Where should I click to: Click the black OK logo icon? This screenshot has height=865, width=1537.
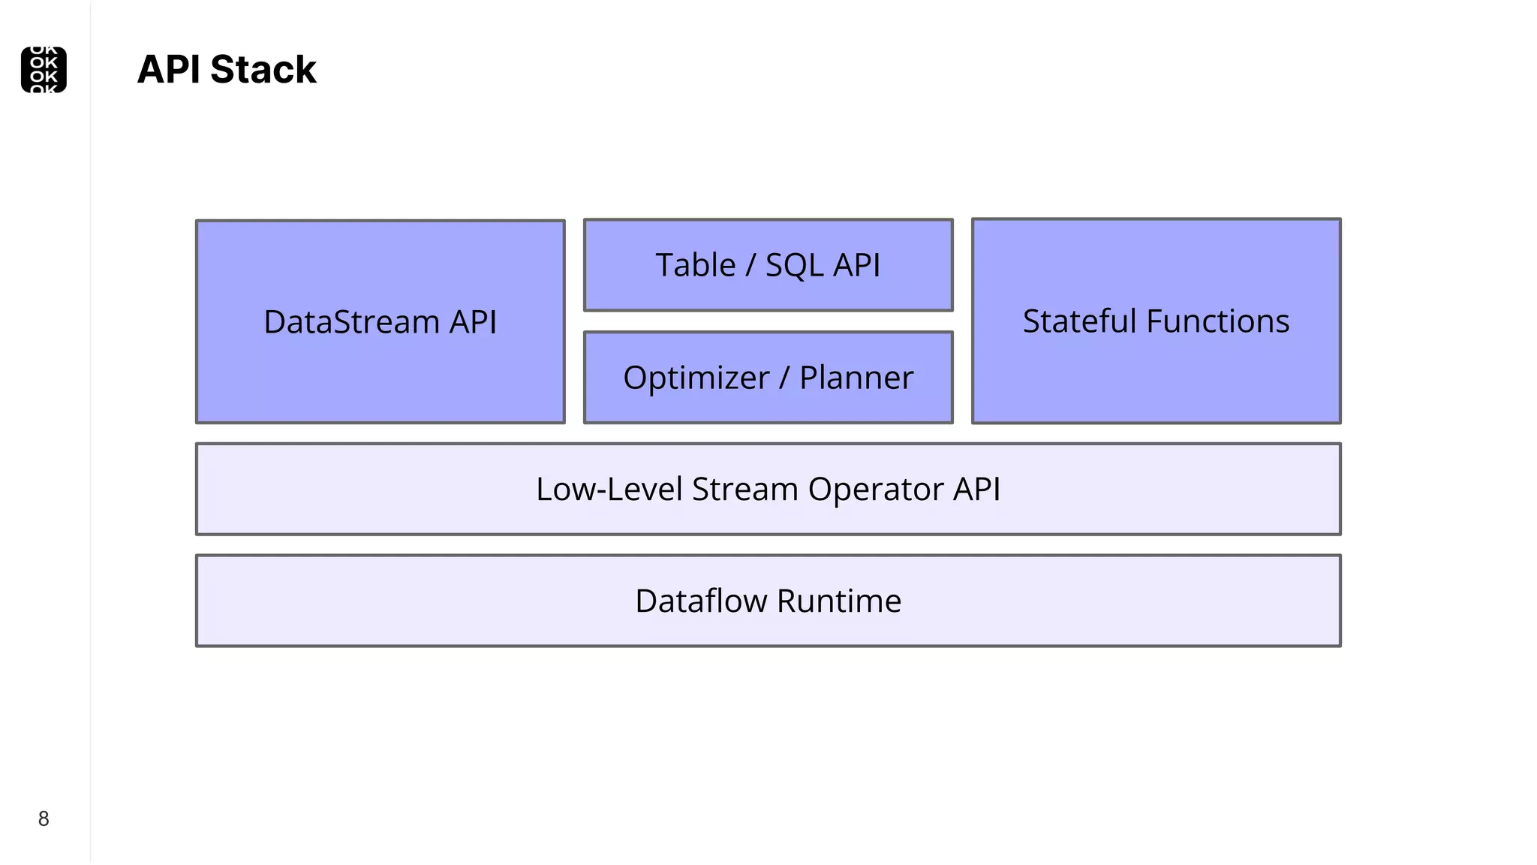[44, 70]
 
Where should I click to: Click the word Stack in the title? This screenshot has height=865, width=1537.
[263, 70]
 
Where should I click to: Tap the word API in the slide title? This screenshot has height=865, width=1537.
[168, 70]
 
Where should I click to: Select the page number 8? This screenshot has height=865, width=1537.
[44, 818]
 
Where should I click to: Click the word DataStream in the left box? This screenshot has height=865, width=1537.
[351, 322]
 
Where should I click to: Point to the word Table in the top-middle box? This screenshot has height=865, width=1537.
[695, 265]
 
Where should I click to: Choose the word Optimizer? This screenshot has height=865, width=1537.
[696, 378]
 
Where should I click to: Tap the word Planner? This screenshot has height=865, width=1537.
[856, 378]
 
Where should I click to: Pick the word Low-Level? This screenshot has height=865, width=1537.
[609, 490]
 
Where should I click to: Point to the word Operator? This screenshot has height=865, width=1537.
[876, 490]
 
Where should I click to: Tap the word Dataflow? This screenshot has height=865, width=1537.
[701, 601]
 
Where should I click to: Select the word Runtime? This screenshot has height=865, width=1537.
[839, 601]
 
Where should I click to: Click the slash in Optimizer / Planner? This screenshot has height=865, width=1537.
[784, 378]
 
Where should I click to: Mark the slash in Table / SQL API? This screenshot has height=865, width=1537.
[750, 265]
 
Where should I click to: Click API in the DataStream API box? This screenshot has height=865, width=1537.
[473, 322]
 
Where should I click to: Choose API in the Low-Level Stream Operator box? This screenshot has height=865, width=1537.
[976, 490]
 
